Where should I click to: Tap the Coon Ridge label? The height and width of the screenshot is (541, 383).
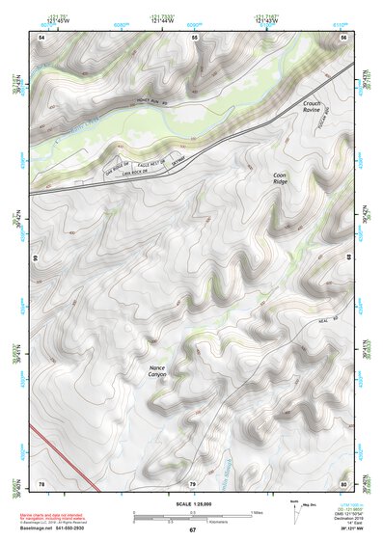click(x=280, y=177)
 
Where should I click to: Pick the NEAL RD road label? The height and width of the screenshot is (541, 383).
click(x=329, y=322)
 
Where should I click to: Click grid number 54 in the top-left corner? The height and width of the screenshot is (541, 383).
click(x=41, y=37)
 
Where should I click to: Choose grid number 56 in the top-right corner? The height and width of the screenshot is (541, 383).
click(x=343, y=37)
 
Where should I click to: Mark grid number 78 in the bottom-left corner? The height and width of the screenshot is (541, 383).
click(x=41, y=482)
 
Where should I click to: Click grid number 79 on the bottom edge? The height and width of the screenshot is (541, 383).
click(x=192, y=482)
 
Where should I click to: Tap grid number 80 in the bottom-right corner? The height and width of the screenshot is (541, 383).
click(x=343, y=482)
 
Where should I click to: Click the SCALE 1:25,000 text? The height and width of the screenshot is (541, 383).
click(x=191, y=503)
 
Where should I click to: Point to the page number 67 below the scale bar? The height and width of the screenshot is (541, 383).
click(x=192, y=530)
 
